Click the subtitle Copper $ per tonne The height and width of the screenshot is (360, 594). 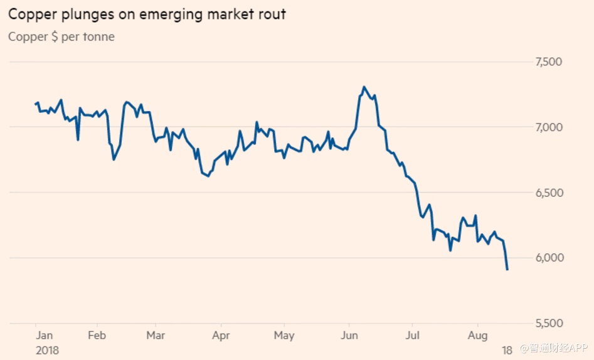click(61, 36)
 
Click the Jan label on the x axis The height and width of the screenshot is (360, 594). click(45, 335)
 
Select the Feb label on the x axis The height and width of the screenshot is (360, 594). click(97, 335)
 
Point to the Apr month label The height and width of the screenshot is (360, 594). click(221, 335)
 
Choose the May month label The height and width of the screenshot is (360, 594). click(284, 335)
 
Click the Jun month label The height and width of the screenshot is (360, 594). click(348, 335)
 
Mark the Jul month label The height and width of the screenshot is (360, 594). click(412, 335)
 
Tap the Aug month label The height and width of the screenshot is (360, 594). click(477, 335)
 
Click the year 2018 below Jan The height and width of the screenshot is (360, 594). click(47, 349)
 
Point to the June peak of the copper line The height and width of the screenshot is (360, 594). click(364, 87)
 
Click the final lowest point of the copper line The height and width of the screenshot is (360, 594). click(507, 270)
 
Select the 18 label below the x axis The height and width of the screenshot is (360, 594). click(507, 349)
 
